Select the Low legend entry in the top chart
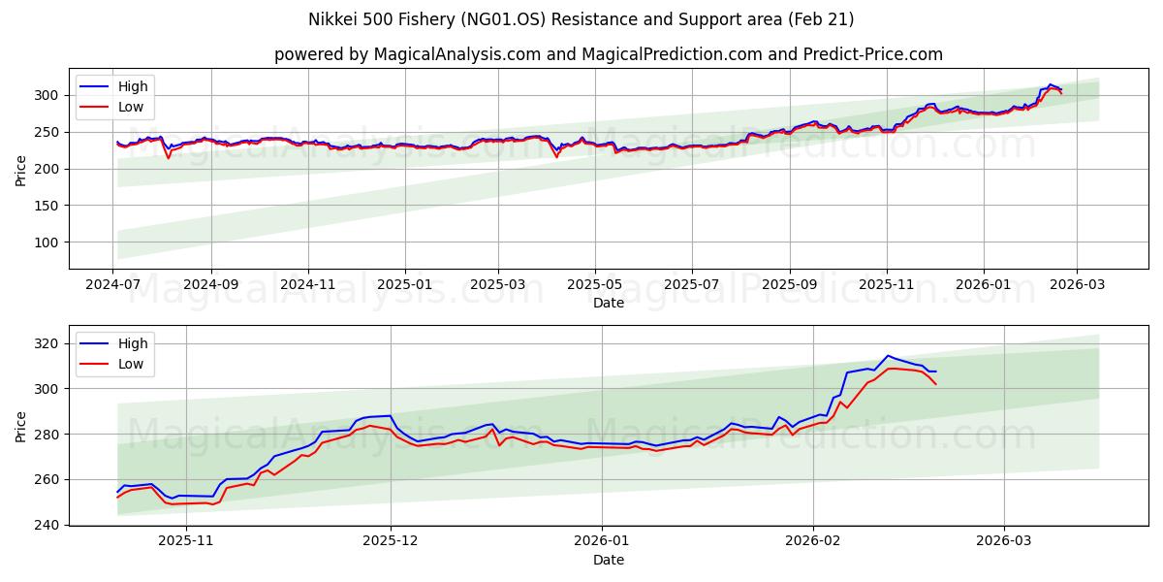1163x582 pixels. coord(129,107)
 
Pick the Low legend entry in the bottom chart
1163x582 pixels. coord(129,364)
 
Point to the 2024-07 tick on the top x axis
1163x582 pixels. coord(113,285)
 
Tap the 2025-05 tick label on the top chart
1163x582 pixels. coord(594,285)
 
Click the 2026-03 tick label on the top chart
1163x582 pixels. coord(1077,285)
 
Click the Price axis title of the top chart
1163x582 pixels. coord(21,170)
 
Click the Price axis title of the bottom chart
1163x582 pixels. coord(21,426)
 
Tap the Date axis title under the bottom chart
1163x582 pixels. coord(608,560)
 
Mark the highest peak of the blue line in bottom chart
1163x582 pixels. coord(887,355)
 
